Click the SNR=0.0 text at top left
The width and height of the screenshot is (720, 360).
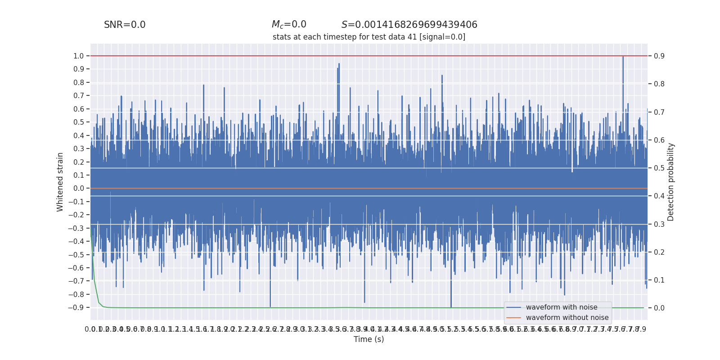click(125, 25)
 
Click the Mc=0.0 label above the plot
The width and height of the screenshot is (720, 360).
click(289, 25)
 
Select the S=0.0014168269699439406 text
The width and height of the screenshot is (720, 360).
click(409, 25)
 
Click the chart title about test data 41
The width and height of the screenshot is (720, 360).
click(369, 37)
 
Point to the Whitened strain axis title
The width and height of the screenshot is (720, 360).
click(60, 182)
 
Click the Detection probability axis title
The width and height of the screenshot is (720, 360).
click(671, 182)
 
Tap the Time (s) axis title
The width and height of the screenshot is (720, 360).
click(369, 339)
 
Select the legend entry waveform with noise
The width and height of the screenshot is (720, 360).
click(562, 307)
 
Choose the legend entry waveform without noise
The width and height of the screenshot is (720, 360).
click(567, 318)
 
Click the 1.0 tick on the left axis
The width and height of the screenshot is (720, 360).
click(79, 56)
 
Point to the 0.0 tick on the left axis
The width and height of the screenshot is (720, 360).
click(79, 189)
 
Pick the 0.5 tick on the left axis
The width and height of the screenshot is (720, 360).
click(79, 122)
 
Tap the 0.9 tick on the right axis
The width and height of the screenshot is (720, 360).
click(659, 56)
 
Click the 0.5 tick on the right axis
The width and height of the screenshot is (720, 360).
click(659, 168)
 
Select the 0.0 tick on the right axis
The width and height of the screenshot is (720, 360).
click(659, 308)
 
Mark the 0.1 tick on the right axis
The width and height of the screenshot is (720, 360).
click(659, 280)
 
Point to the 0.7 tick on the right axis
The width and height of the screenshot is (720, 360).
click(659, 112)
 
